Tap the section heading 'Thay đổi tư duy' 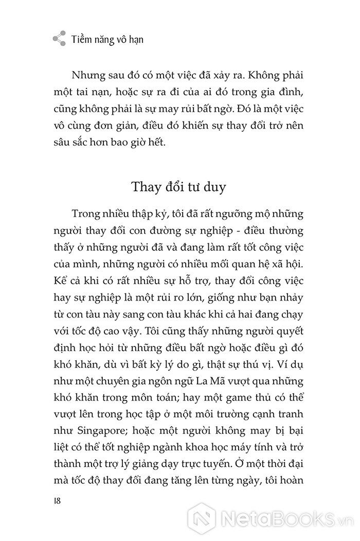(178, 187)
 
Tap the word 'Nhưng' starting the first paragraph (89, 77)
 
